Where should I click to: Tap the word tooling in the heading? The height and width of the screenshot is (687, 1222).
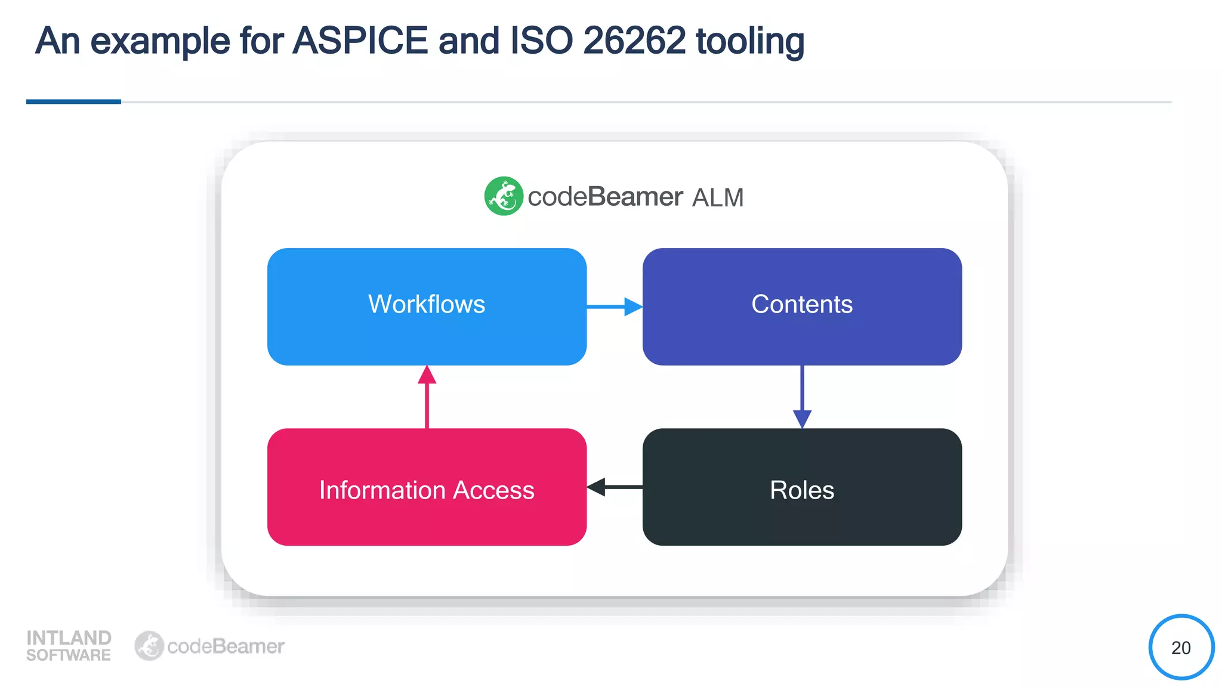pyautogui.click(x=749, y=42)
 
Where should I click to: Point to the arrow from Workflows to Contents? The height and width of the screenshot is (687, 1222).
pyautogui.click(x=615, y=307)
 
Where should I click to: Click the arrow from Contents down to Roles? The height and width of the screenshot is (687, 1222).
pyautogui.click(x=802, y=397)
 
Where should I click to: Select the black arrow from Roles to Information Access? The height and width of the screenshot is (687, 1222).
pyautogui.click(x=615, y=487)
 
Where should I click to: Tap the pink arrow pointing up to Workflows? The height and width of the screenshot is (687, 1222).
pyautogui.click(x=427, y=397)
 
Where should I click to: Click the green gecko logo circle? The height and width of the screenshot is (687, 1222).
pyautogui.click(x=504, y=196)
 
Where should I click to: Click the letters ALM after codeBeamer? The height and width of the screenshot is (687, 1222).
pyautogui.click(x=718, y=197)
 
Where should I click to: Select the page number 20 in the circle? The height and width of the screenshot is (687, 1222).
pyautogui.click(x=1181, y=648)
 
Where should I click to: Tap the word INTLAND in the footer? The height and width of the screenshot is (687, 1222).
pyautogui.click(x=69, y=638)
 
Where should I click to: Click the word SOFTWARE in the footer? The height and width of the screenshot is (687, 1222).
pyautogui.click(x=69, y=655)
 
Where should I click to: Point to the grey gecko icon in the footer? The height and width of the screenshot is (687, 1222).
pyautogui.click(x=149, y=646)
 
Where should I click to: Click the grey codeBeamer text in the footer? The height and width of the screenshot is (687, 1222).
pyautogui.click(x=226, y=646)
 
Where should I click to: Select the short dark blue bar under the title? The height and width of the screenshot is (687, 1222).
pyautogui.click(x=73, y=102)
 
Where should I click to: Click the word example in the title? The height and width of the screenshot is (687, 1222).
pyautogui.click(x=160, y=42)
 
